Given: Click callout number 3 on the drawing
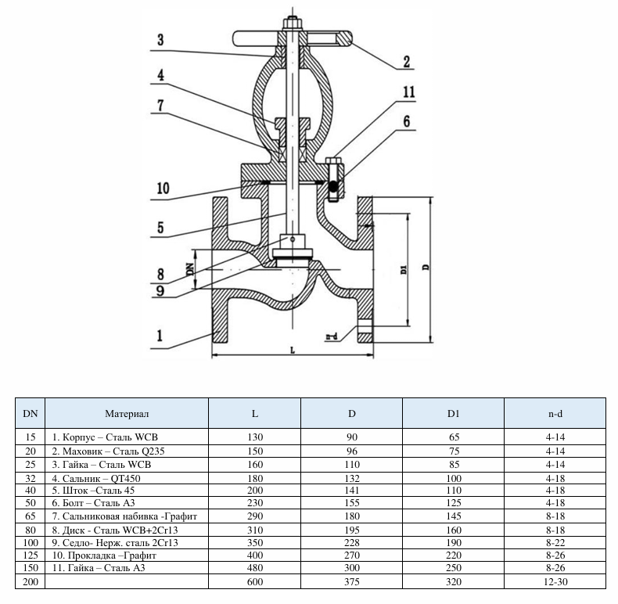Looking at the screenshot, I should click(160, 41).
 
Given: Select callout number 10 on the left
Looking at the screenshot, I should click(163, 189).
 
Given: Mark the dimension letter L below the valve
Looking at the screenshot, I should click(291, 351).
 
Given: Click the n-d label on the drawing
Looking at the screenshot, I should click(332, 337).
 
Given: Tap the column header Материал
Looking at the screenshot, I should click(127, 412).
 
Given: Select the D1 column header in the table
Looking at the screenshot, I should click(454, 412).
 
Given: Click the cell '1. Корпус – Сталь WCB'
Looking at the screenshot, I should click(110, 435).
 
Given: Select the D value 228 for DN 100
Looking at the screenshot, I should click(352, 541).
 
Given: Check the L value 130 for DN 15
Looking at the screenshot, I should click(254, 435).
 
